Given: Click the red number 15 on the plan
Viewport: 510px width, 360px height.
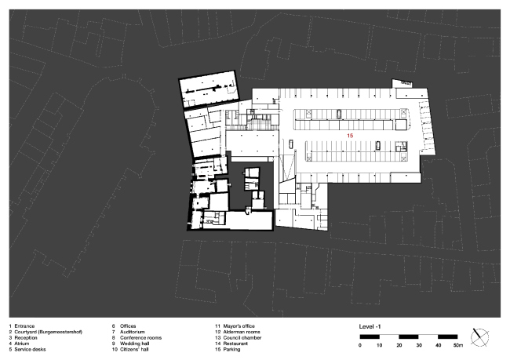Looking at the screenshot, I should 350,136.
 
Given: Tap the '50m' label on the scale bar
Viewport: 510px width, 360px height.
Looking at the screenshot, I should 459,345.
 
